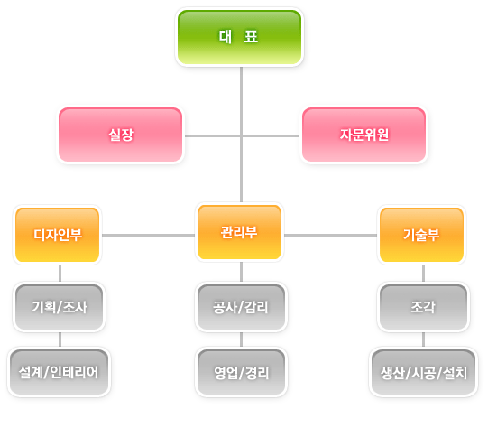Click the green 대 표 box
point(239,37)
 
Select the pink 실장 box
point(121,135)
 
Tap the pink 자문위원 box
point(364,135)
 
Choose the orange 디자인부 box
point(57,235)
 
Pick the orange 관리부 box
point(239,232)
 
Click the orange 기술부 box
point(422,235)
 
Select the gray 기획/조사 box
point(60,307)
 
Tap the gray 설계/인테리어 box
point(60,372)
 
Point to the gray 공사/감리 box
point(241,307)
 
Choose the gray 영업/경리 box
point(241,372)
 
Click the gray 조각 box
point(423,307)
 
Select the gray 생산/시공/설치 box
point(423,372)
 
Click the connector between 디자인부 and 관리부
point(149,235)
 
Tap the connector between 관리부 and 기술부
point(330,235)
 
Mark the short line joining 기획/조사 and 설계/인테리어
point(60,339)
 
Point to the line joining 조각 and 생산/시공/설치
point(423,339)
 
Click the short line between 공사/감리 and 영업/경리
point(241,339)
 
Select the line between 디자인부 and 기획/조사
point(60,274)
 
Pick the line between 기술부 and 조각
point(423,274)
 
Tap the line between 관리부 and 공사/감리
point(241,272)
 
